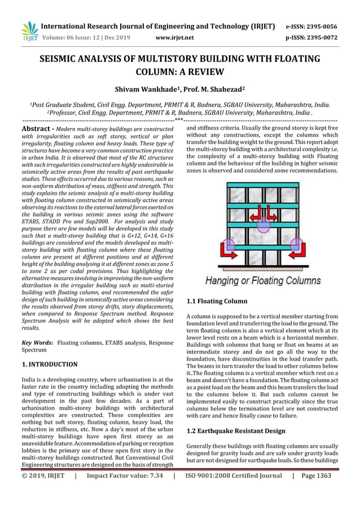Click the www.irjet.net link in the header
coord(174,38)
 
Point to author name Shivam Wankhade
coord(145,89)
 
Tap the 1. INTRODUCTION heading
coord(50,365)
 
